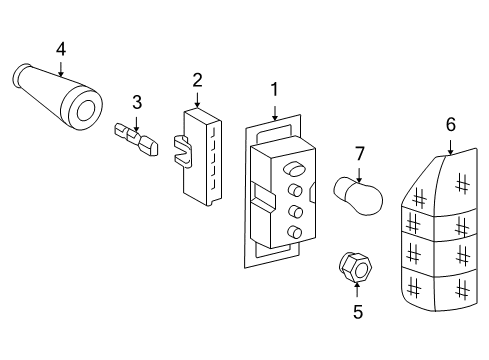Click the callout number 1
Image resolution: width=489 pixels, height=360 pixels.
pos(274,90)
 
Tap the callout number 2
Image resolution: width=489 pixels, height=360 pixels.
pos(198,79)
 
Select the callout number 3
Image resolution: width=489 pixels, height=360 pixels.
pos(138,101)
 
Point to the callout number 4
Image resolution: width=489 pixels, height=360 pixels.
pos(61,48)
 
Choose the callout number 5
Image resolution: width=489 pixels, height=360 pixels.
pos(358,312)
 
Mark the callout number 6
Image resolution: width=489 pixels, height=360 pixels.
pos(450,124)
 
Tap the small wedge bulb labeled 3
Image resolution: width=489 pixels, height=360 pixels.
pos(137,137)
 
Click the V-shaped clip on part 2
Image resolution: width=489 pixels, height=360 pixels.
pos(182,152)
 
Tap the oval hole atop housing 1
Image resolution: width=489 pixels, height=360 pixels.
pos(295,168)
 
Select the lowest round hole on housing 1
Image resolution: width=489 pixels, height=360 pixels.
pos(294,233)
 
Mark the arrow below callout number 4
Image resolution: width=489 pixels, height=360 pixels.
pos(61,67)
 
